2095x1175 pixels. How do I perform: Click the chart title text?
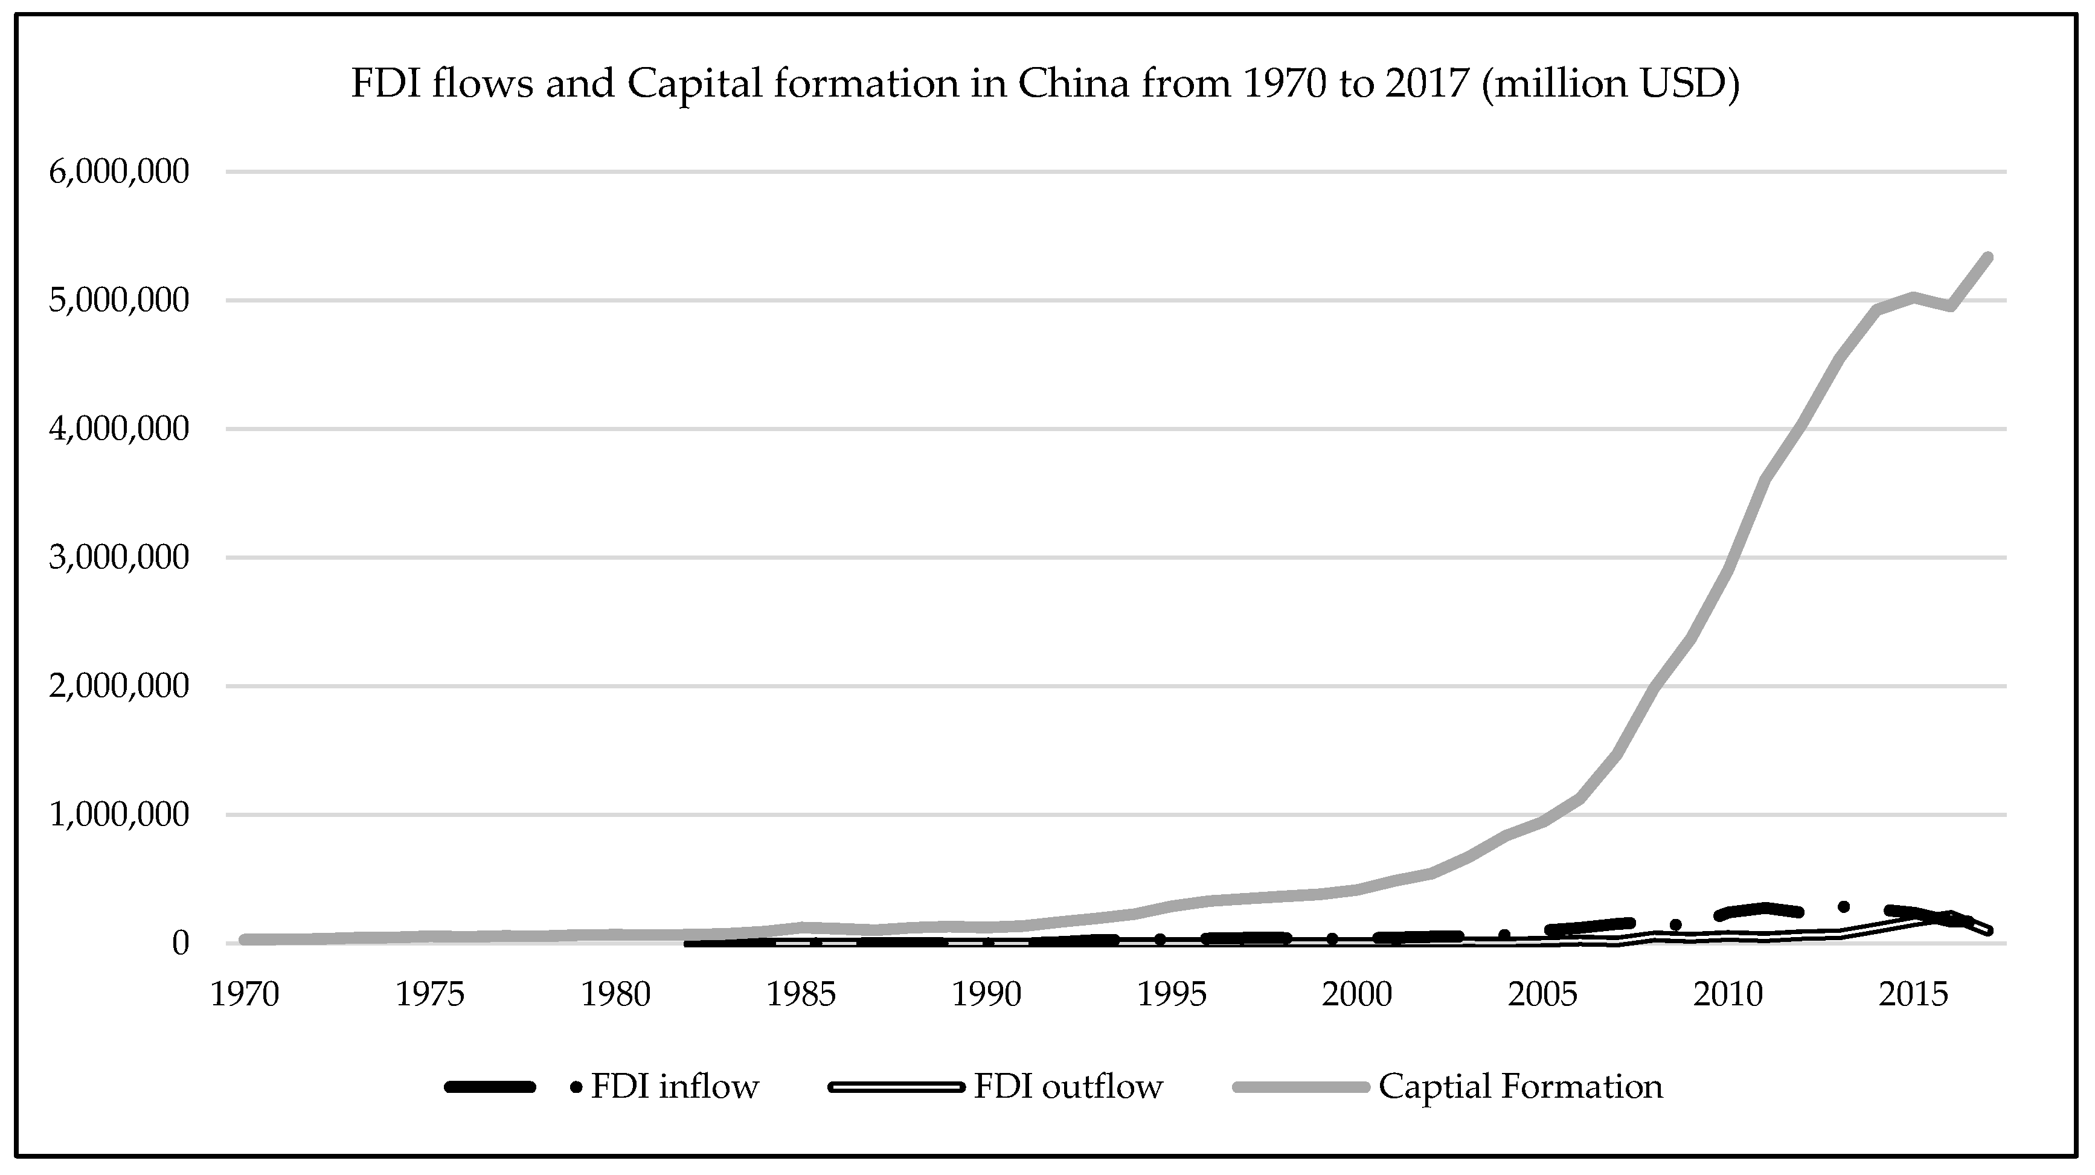click(x=1045, y=85)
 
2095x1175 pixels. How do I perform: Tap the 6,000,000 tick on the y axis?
click(x=119, y=173)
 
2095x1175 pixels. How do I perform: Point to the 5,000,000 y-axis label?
click(x=119, y=301)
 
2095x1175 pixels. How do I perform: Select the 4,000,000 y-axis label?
click(x=119, y=429)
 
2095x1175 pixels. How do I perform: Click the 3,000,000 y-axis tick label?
click(x=119, y=558)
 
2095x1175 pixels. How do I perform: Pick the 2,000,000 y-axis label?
click(x=119, y=687)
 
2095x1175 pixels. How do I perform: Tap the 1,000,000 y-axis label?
click(x=119, y=815)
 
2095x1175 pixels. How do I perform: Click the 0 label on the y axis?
click(x=181, y=943)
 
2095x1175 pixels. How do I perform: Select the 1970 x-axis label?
click(x=245, y=994)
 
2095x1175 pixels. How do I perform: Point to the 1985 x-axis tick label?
click(x=801, y=994)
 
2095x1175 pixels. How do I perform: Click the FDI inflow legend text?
click(x=674, y=1086)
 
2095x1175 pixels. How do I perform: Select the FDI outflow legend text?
click(x=1068, y=1086)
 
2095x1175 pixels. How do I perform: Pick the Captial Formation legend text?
click(x=1520, y=1086)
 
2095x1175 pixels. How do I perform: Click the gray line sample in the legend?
click(x=1301, y=1086)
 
